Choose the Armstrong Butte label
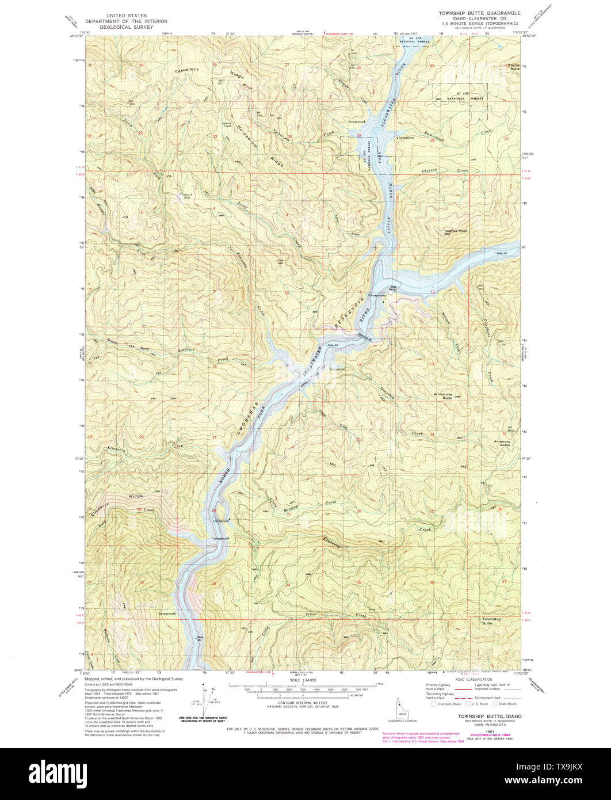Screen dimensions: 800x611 (443, 396)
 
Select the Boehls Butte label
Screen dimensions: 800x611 (512, 67)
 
